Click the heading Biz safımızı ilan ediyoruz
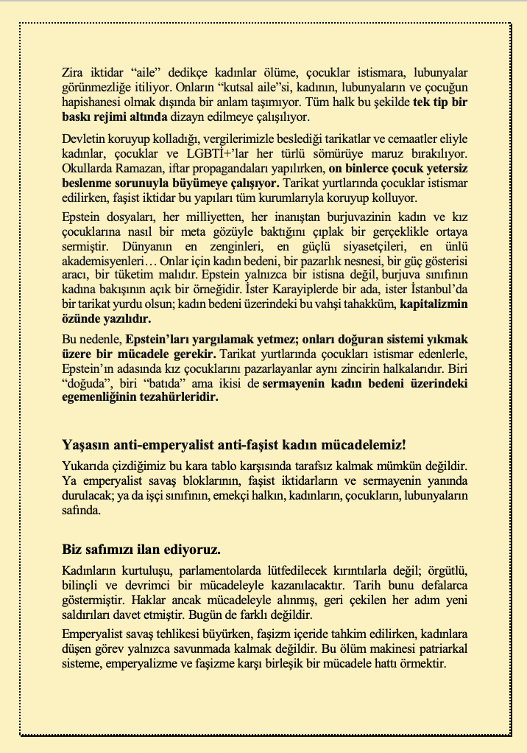(x=141, y=550)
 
